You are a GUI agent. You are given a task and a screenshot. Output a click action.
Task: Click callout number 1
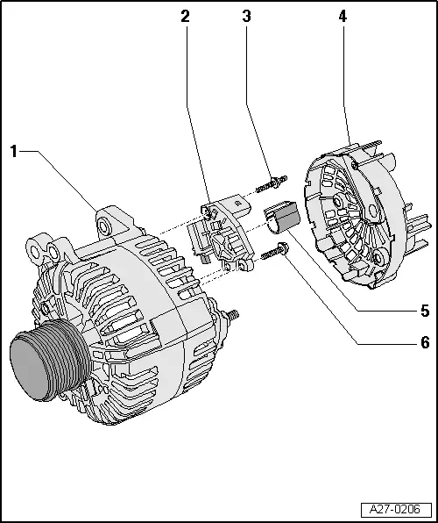14,151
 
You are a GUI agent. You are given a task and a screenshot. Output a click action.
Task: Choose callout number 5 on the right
424,311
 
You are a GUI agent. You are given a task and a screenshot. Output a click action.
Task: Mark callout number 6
424,341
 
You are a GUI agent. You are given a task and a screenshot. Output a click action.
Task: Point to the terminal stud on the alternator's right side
234,314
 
